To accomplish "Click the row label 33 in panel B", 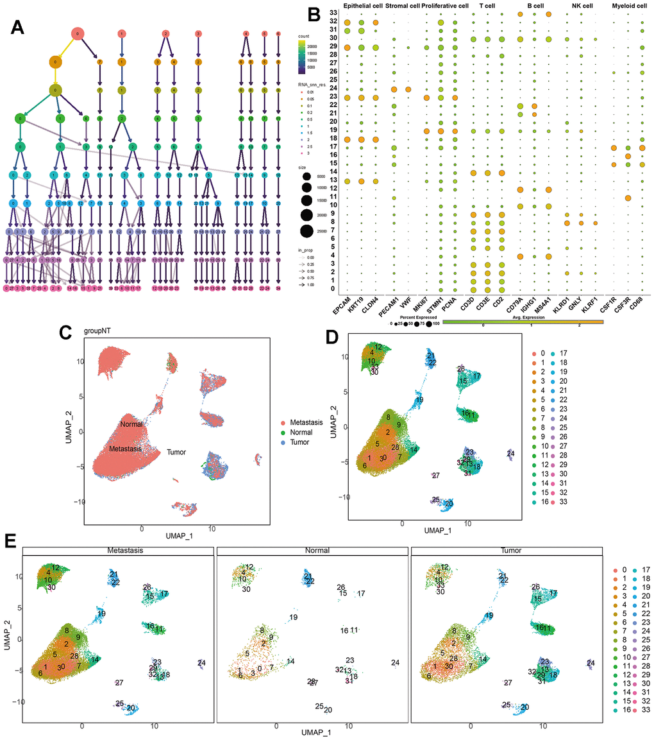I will tap(334, 13).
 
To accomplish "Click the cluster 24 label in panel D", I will tap(510, 454).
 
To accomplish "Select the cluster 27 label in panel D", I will tap(435, 476).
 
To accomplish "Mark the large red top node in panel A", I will tap(77, 33).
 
